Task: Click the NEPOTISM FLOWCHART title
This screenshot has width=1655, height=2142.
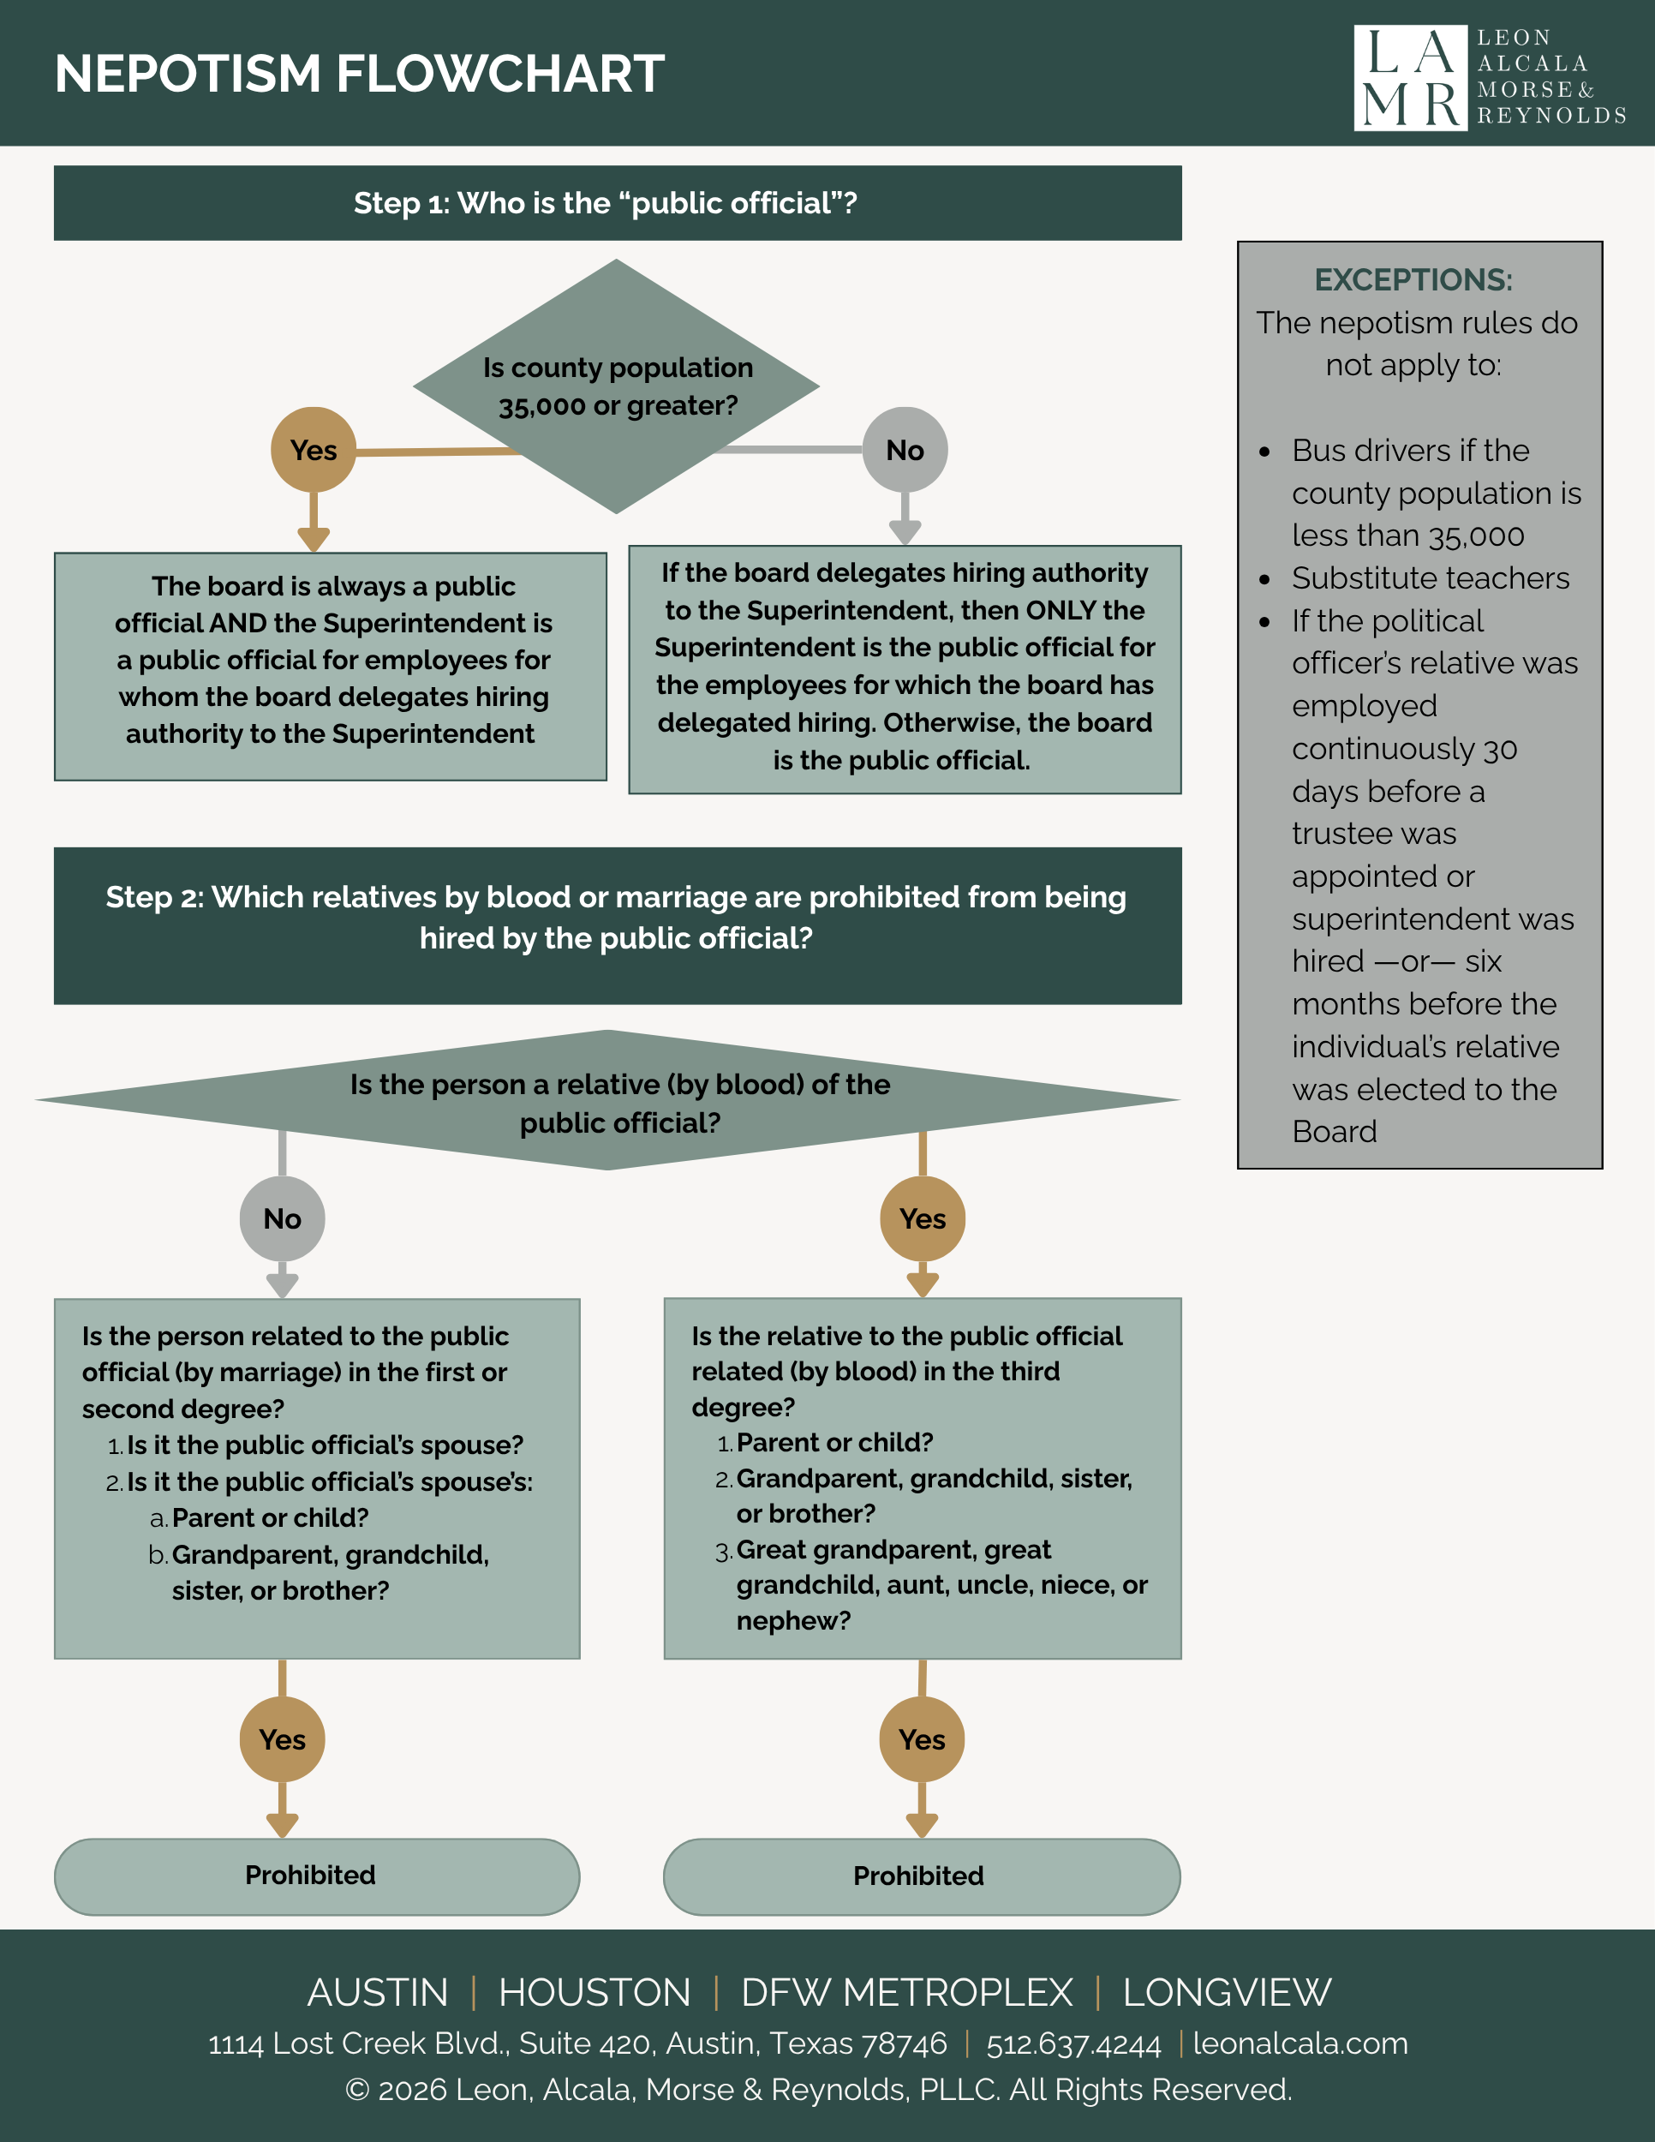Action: (x=359, y=74)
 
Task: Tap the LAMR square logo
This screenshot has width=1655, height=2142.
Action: (x=1410, y=77)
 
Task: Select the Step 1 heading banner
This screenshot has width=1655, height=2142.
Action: (x=618, y=203)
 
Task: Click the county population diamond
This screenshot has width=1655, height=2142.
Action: (x=617, y=386)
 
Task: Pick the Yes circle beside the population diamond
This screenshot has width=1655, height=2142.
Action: (x=314, y=449)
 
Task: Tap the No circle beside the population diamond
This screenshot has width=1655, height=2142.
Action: (x=905, y=449)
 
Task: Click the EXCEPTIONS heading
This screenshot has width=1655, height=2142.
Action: (x=1413, y=279)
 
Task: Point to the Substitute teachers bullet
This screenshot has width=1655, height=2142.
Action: (x=1431, y=577)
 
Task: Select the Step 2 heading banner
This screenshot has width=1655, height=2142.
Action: (x=618, y=926)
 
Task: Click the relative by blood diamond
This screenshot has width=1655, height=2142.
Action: (x=608, y=1100)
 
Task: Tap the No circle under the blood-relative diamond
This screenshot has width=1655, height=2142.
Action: (x=283, y=1218)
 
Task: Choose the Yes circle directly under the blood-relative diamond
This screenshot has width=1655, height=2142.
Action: (x=923, y=1218)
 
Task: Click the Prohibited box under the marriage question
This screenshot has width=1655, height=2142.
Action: (x=317, y=1876)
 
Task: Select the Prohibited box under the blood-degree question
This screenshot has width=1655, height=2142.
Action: (x=922, y=1876)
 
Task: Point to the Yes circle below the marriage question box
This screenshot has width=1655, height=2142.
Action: (x=283, y=1739)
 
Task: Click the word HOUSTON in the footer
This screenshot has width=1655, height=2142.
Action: (x=594, y=1993)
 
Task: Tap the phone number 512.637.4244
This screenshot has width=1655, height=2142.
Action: (x=1073, y=2044)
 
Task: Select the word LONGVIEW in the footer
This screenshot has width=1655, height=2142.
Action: (x=1227, y=1993)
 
